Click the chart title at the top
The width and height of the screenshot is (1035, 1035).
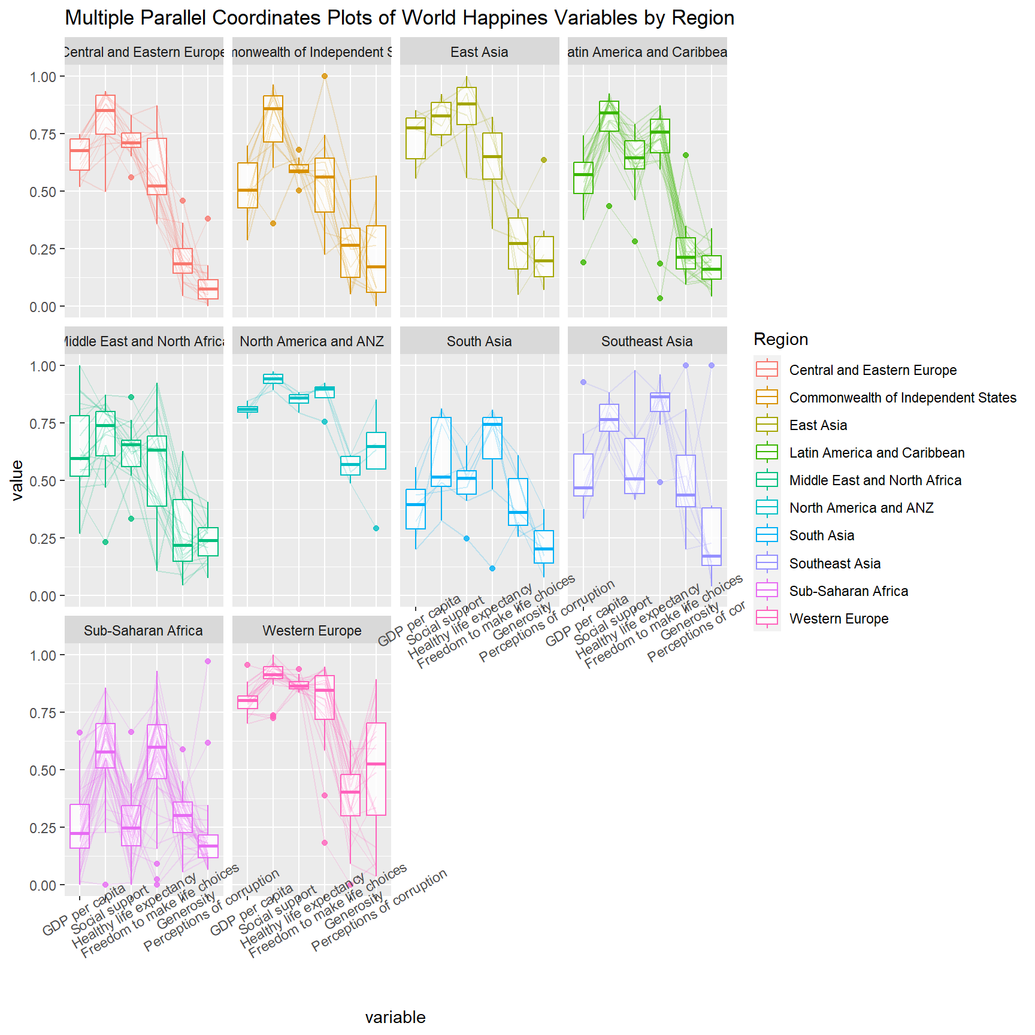(400, 18)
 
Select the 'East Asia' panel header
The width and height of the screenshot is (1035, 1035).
(479, 52)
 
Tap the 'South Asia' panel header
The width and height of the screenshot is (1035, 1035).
(479, 341)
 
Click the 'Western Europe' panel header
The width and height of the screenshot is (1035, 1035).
(311, 631)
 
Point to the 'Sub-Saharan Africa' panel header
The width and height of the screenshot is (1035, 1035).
(143, 631)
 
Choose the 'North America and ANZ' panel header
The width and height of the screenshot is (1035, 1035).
(311, 341)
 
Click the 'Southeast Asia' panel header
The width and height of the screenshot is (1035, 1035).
(647, 341)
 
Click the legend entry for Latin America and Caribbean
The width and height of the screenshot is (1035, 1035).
(876, 453)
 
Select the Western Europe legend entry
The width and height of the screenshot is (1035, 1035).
(839, 619)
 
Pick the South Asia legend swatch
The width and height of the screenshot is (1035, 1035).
(767, 535)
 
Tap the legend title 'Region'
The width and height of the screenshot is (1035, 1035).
(780, 340)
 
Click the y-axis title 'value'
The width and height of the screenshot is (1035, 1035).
(17, 480)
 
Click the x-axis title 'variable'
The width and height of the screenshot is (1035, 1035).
(395, 1017)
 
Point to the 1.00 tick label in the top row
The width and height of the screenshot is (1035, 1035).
(43, 77)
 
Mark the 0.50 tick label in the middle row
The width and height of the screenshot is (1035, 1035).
(43, 481)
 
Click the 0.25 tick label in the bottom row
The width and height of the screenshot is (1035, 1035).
(43, 828)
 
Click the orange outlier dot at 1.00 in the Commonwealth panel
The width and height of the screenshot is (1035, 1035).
(325, 76)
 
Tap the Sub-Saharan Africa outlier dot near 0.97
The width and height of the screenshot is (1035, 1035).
(208, 661)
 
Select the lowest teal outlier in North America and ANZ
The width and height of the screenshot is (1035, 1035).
(376, 528)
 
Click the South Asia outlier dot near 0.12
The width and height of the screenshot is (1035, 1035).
(492, 568)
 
